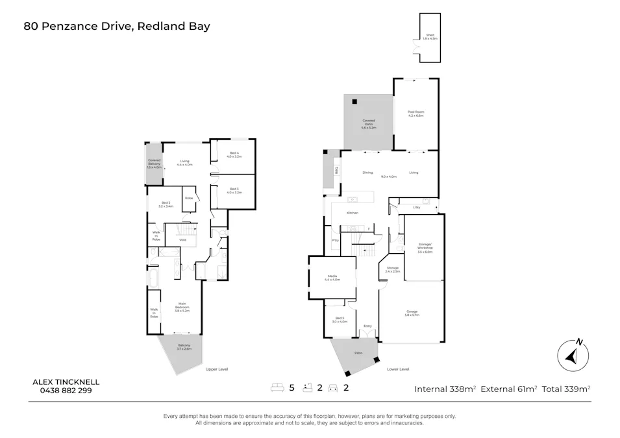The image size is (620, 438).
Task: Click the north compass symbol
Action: tap(573, 355)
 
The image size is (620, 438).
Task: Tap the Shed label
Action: tap(430, 37)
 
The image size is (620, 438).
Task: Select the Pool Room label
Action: tap(415, 114)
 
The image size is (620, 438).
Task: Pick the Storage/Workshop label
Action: tap(425, 248)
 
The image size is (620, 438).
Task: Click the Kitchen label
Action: tap(353, 213)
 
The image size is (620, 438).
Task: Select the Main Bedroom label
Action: tap(182, 308)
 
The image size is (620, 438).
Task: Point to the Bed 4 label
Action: tap(234, 154)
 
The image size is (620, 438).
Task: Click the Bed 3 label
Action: tap(234, 190)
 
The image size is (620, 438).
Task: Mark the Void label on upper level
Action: tap(182, 240)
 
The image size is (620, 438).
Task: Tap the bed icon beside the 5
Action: tap(277, 388)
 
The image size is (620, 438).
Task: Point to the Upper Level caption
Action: tap(217, 369)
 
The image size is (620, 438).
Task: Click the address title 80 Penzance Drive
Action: tap(117, 27)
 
